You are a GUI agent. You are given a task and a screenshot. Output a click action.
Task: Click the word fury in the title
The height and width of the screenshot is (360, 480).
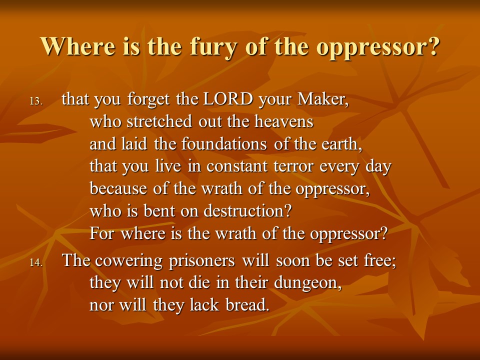(213, 47)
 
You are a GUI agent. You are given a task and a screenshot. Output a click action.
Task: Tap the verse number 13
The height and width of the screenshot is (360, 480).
(36, 101)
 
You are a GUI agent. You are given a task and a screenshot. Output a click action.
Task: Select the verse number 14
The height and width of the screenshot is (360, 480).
(36, 262)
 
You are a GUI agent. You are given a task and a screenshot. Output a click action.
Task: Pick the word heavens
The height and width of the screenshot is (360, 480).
(284, 121)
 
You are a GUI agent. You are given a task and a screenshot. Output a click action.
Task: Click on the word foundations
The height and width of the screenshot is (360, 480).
(224, 143)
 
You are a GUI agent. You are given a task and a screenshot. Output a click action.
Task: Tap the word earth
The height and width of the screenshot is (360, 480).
(341, 144)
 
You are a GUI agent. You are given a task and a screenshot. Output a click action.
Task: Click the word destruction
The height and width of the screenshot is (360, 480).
(247, 210)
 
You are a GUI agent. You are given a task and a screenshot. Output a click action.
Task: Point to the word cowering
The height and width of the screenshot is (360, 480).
(128, 261)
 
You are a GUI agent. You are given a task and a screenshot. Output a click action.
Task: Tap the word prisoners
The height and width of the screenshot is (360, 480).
(201, 261)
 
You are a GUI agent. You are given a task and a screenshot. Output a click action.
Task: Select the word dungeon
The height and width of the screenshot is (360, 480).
(307, 283)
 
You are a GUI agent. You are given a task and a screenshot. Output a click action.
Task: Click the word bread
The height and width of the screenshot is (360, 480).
(247, 304)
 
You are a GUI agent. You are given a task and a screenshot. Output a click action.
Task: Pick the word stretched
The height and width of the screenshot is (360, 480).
(159, 121)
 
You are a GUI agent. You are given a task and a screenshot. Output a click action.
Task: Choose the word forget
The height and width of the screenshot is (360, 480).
(148, 100)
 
